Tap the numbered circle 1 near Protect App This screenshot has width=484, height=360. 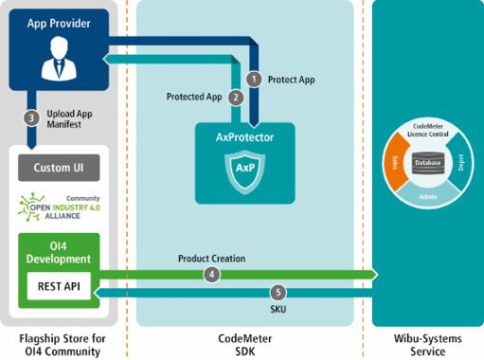coord(253,79)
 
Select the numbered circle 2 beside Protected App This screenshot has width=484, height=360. coord(236,97)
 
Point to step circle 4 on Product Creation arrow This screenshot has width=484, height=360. coord(211,274)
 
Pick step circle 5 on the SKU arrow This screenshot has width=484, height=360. coord(278,293)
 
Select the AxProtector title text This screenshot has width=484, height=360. coord(239,137)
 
